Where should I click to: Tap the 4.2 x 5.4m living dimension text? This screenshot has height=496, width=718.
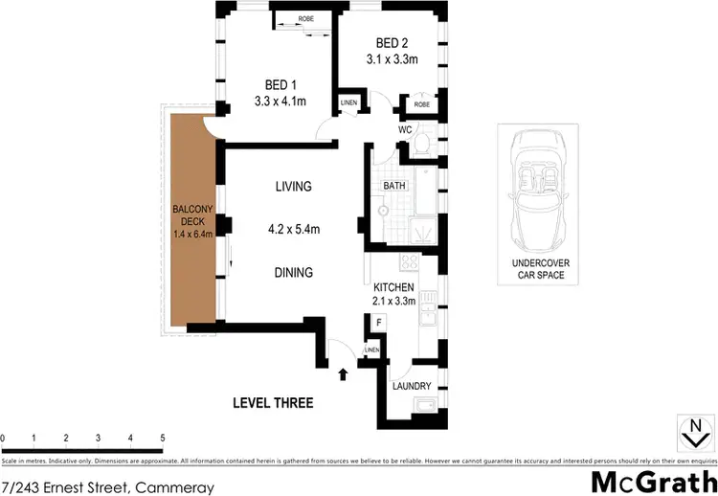coord(293,229)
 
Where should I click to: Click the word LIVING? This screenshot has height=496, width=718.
coord(293,187)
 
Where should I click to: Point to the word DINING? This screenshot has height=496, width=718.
coord(293,273)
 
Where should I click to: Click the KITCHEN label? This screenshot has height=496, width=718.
coord(393,287)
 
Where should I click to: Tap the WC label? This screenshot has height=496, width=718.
coord(405,130)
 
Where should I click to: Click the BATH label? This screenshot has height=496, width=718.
coord(394,185)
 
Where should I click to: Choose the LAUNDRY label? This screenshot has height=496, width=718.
coord(413,387)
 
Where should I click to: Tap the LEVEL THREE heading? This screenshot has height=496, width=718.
coord(273,403)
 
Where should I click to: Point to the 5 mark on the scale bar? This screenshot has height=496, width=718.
coord(162,439)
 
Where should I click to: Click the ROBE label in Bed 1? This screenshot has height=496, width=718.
coord(306,19)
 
